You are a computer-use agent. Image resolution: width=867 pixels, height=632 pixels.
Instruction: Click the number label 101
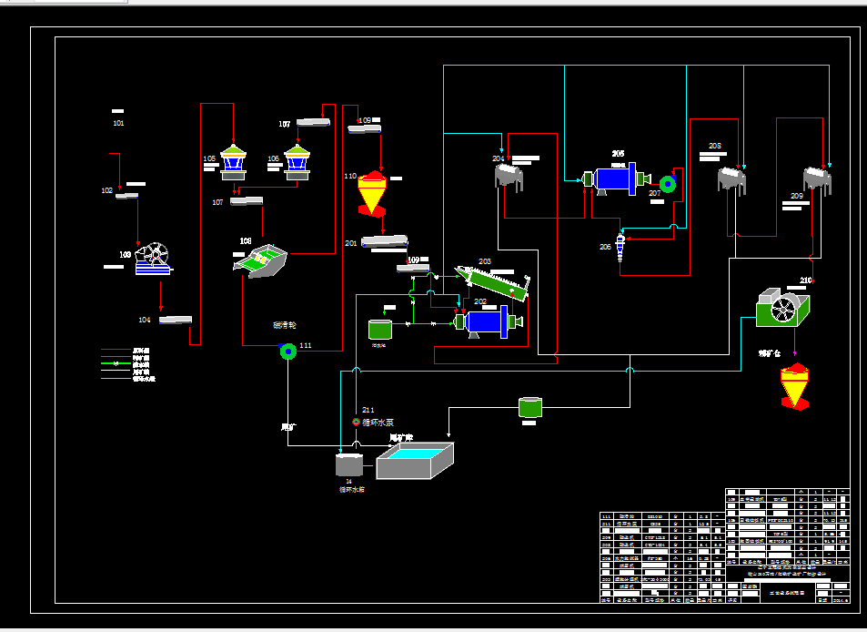click(118, 122)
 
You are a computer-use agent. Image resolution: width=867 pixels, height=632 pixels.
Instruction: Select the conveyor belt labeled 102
click(126, 195)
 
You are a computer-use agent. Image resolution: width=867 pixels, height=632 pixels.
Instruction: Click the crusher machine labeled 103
click(153, 259)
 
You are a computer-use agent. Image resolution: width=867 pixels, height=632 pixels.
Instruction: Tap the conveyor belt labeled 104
click(176, 319)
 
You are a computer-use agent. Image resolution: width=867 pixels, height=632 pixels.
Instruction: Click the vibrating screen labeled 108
click(262, 261)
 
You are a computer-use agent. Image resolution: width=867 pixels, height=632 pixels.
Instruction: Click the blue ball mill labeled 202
click(488, 321)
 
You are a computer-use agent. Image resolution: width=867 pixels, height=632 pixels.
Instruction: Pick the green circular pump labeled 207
click(669, 185)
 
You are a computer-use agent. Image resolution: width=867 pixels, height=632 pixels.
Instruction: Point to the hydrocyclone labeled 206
click(620, 246)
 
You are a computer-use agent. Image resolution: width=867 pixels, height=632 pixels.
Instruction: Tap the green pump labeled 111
click(287, 352)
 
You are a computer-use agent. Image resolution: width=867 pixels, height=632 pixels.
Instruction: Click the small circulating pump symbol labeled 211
click(356, 423)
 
